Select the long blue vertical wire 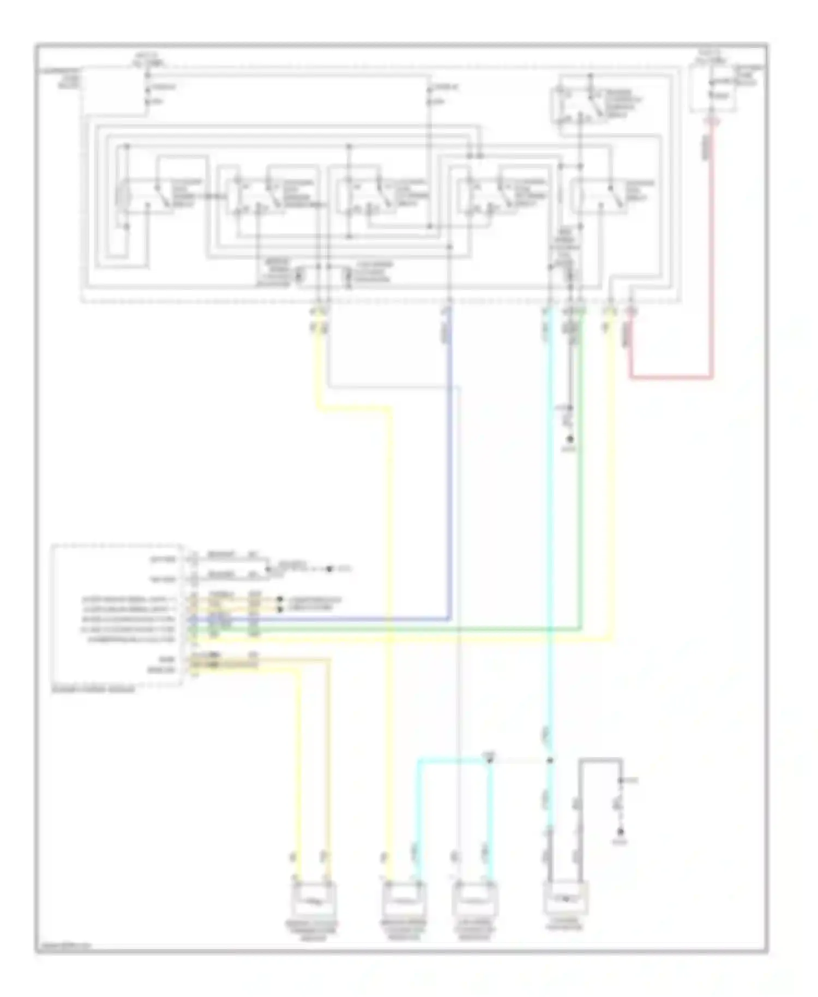pos(449,464)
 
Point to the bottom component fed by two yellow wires pos(314,900)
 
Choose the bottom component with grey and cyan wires pos(474,900)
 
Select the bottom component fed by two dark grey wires pos(566,898)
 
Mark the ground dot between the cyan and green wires pos(570,440)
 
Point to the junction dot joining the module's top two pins pos(267,569)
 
